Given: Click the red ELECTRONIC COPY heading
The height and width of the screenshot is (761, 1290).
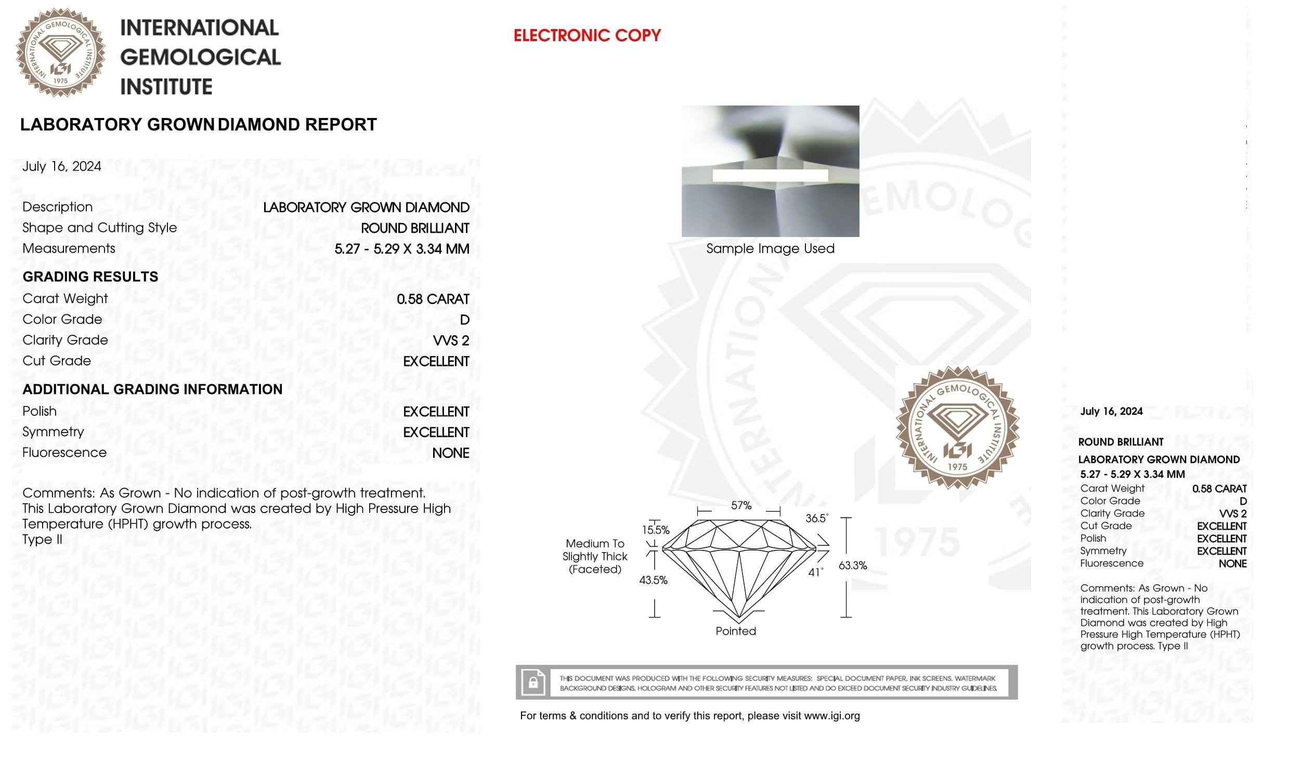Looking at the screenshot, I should pos(587,35).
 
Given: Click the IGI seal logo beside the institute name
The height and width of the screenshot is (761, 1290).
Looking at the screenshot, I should pos(60,53).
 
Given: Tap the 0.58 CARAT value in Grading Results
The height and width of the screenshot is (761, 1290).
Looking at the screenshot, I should pos(433,299).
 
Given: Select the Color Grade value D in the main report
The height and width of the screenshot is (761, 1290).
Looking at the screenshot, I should pos(464,320).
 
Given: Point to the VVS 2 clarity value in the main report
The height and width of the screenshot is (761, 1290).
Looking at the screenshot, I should pos(451,340).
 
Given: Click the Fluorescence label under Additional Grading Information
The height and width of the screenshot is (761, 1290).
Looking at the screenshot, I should pos(64,452).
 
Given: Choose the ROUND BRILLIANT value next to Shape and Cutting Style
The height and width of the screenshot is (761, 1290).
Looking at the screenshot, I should pos(415,228).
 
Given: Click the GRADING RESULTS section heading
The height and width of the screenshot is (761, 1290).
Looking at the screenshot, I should pos(90,277).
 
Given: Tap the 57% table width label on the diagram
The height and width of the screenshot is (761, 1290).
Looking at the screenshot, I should pos(741,505).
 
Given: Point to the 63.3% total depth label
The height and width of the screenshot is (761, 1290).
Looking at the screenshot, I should pos(853,566).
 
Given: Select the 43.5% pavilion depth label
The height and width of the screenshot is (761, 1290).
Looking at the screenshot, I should pos(653,580).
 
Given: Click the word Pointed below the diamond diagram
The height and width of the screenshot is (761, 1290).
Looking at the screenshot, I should pos(736,631).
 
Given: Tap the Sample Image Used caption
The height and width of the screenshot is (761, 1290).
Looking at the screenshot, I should pos(770,248).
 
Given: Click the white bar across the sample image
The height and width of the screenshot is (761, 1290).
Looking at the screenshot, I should pos(770,176).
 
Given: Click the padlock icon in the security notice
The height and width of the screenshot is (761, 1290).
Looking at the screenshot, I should pos(532,682).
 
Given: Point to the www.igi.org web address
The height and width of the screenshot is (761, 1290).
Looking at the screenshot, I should pos(831,716).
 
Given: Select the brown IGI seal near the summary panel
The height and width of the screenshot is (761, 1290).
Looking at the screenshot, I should pos(957,428).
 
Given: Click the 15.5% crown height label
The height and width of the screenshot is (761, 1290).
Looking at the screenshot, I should pos(656,530).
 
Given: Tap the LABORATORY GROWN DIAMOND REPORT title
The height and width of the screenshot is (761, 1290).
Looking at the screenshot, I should pos(198,125).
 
